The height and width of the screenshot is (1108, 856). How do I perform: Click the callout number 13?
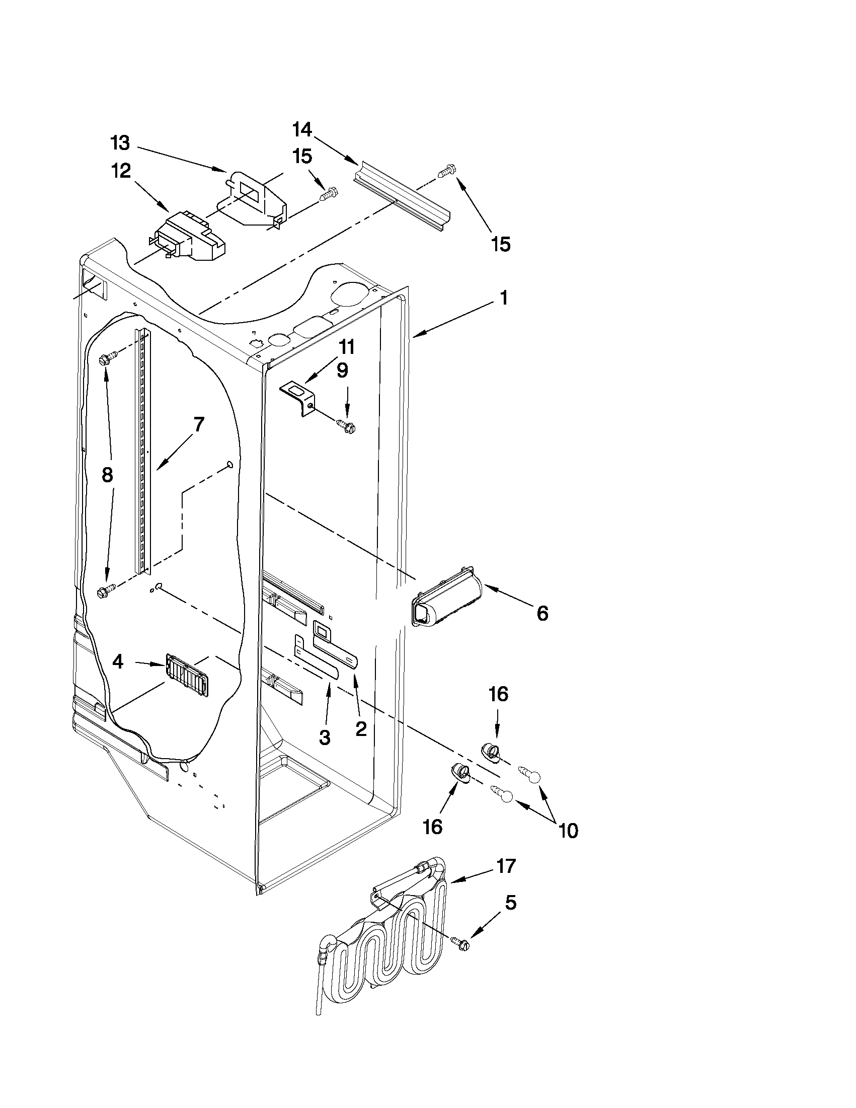pos(121,143)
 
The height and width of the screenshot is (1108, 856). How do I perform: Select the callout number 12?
pos(121,171)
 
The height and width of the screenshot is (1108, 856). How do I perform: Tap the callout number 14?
pos(302,130)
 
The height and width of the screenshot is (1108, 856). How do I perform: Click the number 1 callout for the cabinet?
pos(503,299)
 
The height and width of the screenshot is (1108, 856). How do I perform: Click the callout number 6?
pos(542,614)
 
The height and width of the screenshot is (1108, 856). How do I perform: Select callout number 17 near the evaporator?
pos(506,866)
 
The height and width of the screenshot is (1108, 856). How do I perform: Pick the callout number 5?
pos(511,903)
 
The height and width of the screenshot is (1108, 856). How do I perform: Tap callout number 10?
pos(568,831)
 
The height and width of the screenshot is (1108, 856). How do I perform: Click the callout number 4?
pos(117,661)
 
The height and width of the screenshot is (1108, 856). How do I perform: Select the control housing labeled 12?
pos(190,237)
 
